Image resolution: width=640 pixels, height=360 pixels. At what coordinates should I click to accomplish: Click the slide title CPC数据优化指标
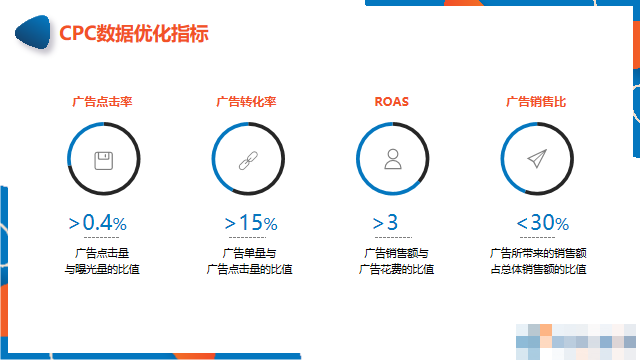click(x=134, y=33)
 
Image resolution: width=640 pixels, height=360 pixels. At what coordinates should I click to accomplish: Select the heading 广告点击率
click(x=103, y=101)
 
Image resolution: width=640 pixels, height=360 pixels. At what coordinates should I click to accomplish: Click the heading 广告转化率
click(x=247, y=101)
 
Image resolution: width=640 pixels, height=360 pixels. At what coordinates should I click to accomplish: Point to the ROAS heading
click(x=391, y=101)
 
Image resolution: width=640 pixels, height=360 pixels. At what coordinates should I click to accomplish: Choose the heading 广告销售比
click(x=536, y=101)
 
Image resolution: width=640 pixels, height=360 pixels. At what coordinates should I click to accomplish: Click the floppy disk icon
click(x=103, y=158)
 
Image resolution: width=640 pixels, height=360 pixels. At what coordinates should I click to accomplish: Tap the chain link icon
click(x=248, y=158)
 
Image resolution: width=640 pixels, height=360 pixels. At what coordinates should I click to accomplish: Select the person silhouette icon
click(x=392, y=158)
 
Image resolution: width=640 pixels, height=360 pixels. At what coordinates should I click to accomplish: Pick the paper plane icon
click(x=537, y=158)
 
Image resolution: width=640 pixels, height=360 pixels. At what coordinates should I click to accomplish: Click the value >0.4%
click(x=97, y=222)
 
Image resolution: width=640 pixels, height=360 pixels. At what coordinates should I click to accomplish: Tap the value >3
click(x=385, y=222)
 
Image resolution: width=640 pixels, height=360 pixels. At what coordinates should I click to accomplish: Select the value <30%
click(x=542, y=222)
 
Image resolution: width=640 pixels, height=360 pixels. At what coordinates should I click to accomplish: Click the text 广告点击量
click(x=103, y=253)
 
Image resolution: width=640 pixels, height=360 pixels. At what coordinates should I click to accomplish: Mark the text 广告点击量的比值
click(x=248, y=269)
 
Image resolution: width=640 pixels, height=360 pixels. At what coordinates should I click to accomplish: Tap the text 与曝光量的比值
click(x=103, y=269)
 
